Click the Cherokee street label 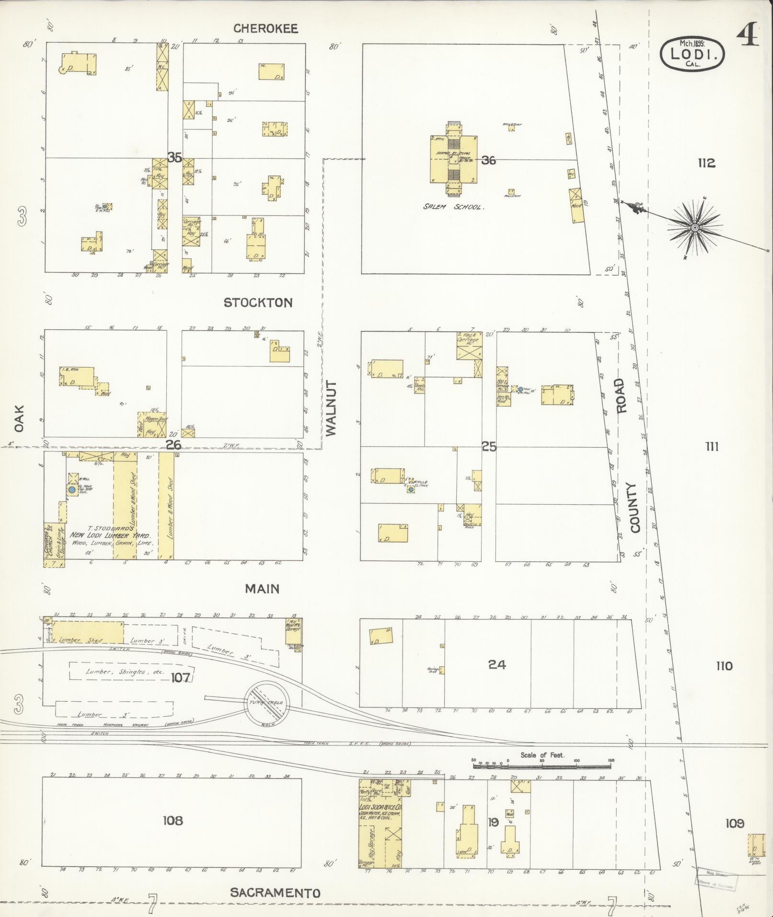point(265,29)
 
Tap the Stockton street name point(258,302)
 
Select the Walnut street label point(331,408)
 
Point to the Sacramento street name point(275,893)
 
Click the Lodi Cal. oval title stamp point(692,54)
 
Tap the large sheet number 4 point(748,36)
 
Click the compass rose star point(694,227)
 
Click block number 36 point(488,161)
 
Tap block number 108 point(173,821)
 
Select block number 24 point(497,665)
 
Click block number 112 point(706,163)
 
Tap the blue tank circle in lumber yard point(72,490)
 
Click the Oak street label point(19,418)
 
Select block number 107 point(181,677)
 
